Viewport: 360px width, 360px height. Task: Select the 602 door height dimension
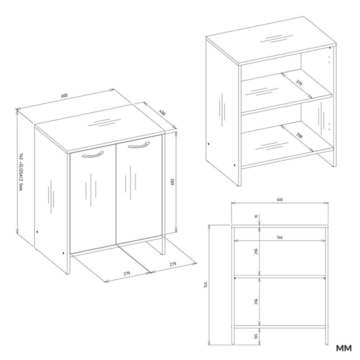click(172, 182)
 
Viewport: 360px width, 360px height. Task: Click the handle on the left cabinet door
click(91, 155)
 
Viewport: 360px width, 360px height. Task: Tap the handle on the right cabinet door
click(138, 145)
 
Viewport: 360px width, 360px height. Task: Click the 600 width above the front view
click(279, 199)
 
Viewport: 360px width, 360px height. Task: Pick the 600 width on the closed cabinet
click(64, 96)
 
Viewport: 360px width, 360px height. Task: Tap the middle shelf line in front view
click(279, 276)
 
